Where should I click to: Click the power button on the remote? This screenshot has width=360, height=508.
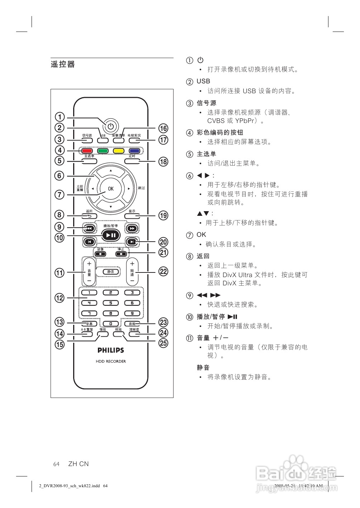[110, 126]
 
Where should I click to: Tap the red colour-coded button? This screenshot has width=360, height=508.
[86, 151]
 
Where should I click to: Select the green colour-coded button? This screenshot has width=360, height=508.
[103, 151]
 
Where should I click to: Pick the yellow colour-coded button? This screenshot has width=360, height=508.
[118, 151]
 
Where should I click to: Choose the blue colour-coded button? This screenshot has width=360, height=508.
[134, 151]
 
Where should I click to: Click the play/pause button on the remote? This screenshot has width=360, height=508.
[110, 235]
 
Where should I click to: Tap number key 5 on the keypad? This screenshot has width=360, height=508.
[111, 303]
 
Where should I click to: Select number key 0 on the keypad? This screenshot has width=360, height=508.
[111, 324]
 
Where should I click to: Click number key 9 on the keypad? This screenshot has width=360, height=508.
[132, 313]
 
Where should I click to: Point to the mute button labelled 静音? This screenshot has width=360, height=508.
[111, 272]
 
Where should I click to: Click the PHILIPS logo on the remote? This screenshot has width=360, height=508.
[111, 350]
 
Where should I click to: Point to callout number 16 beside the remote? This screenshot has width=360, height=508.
[164, 128]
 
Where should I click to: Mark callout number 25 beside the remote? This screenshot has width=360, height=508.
[164, 343]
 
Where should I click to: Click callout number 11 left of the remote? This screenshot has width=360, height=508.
[60, 273]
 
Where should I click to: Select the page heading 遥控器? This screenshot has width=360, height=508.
[63, 65]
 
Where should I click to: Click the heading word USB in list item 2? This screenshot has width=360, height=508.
[203, 81]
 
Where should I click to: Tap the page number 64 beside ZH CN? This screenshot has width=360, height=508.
[56, 464]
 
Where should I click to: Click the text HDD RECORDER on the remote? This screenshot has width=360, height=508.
[111, 361]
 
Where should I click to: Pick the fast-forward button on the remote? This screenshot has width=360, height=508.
[132, 228]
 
